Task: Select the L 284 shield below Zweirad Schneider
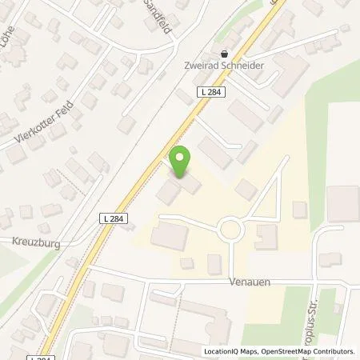coord(210,94)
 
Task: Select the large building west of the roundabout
coord(169,235)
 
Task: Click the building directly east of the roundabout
coord(266,236)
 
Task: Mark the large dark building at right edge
coord(343,204)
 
